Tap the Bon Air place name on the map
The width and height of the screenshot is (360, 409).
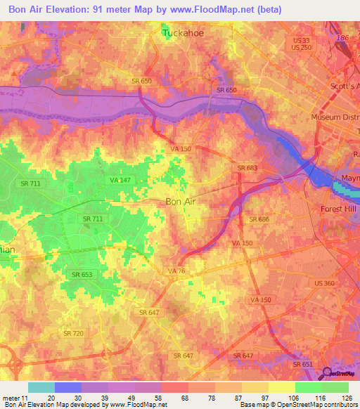pos(181,202)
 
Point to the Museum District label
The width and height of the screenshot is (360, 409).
pos(335,117)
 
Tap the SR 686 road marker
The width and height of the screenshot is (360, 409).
pos(259,220)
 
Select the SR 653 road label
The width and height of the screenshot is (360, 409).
pos(82,274)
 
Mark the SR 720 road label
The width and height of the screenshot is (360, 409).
pos(73,333)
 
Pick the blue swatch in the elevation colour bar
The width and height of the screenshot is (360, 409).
pos(68,387)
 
